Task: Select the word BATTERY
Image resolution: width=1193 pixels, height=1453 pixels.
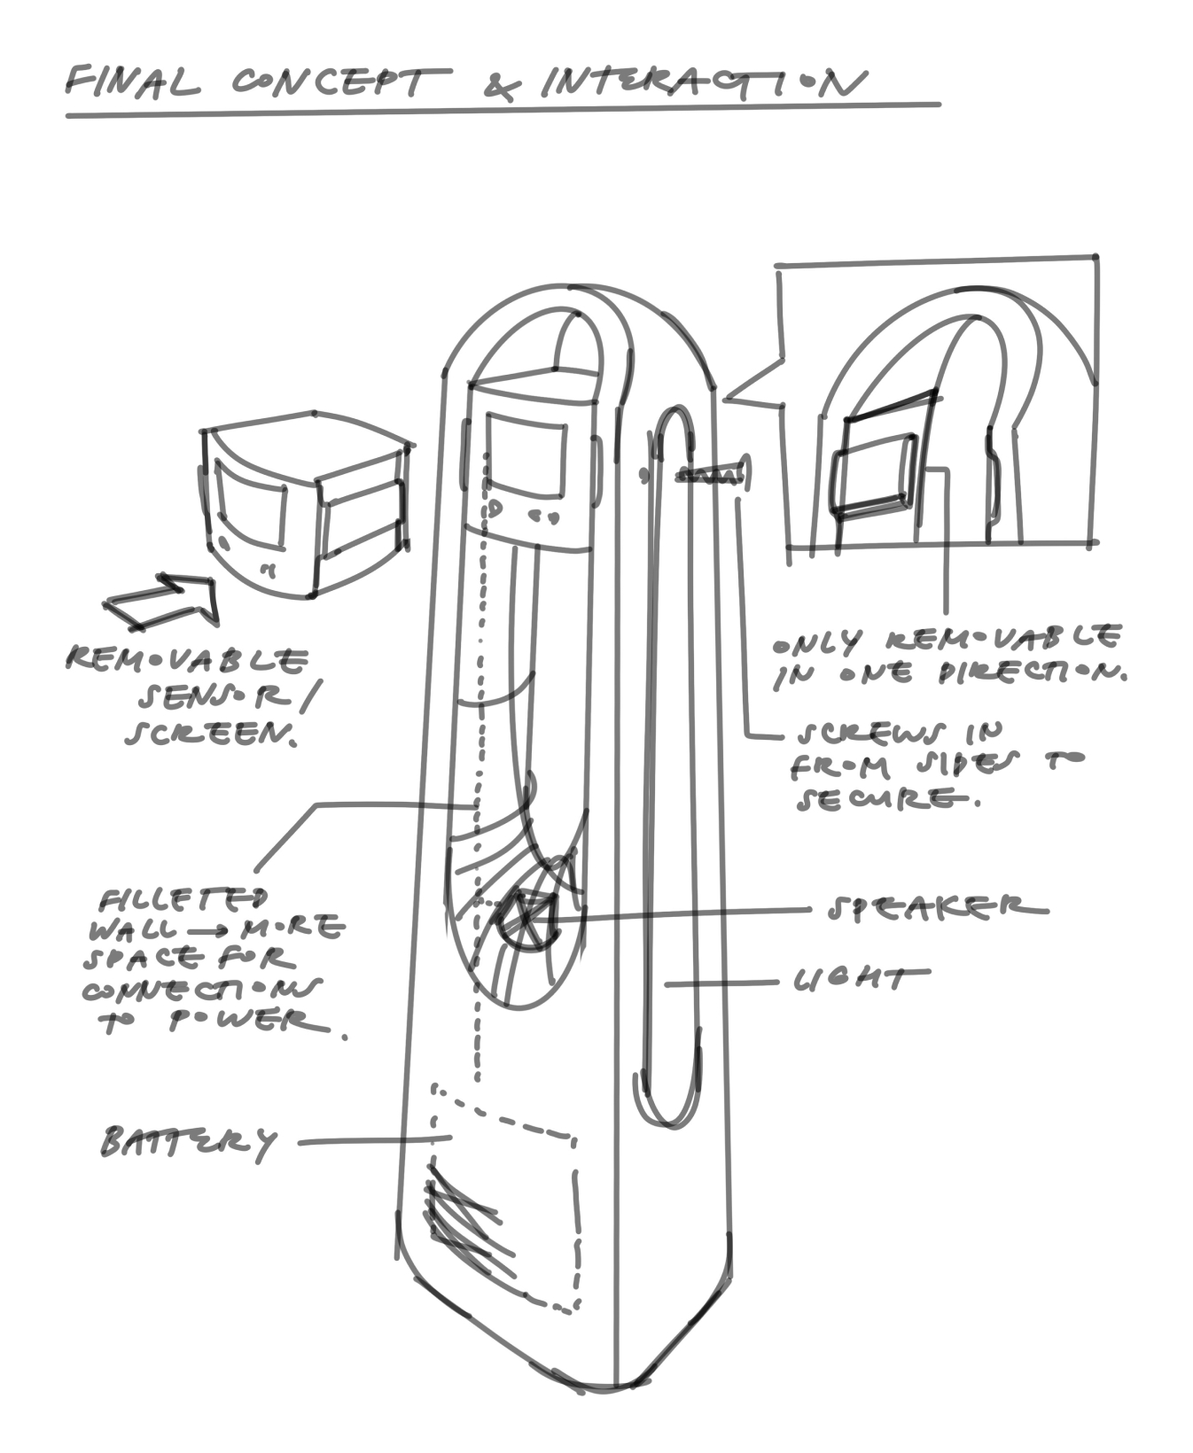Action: pos(188,1142)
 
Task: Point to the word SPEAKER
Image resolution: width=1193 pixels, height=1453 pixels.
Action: pos(937,908)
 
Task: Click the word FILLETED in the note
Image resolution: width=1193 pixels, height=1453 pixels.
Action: pos(183,901)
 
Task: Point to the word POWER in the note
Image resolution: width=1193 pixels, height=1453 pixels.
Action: pos(239,1022)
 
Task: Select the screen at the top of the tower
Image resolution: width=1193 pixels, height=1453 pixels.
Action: pos(525,456)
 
